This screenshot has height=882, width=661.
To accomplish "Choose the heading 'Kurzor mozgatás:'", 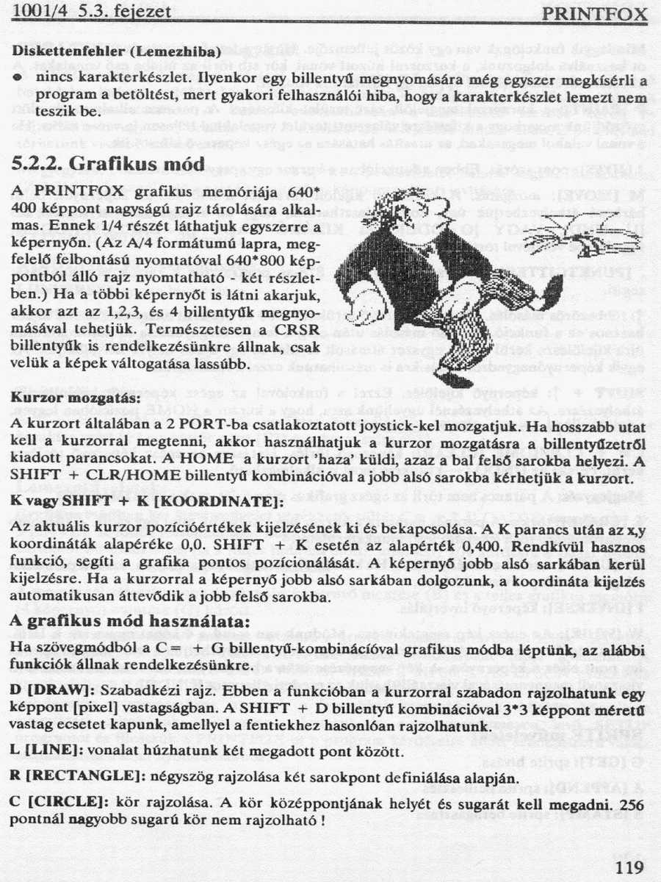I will point(76,398).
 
